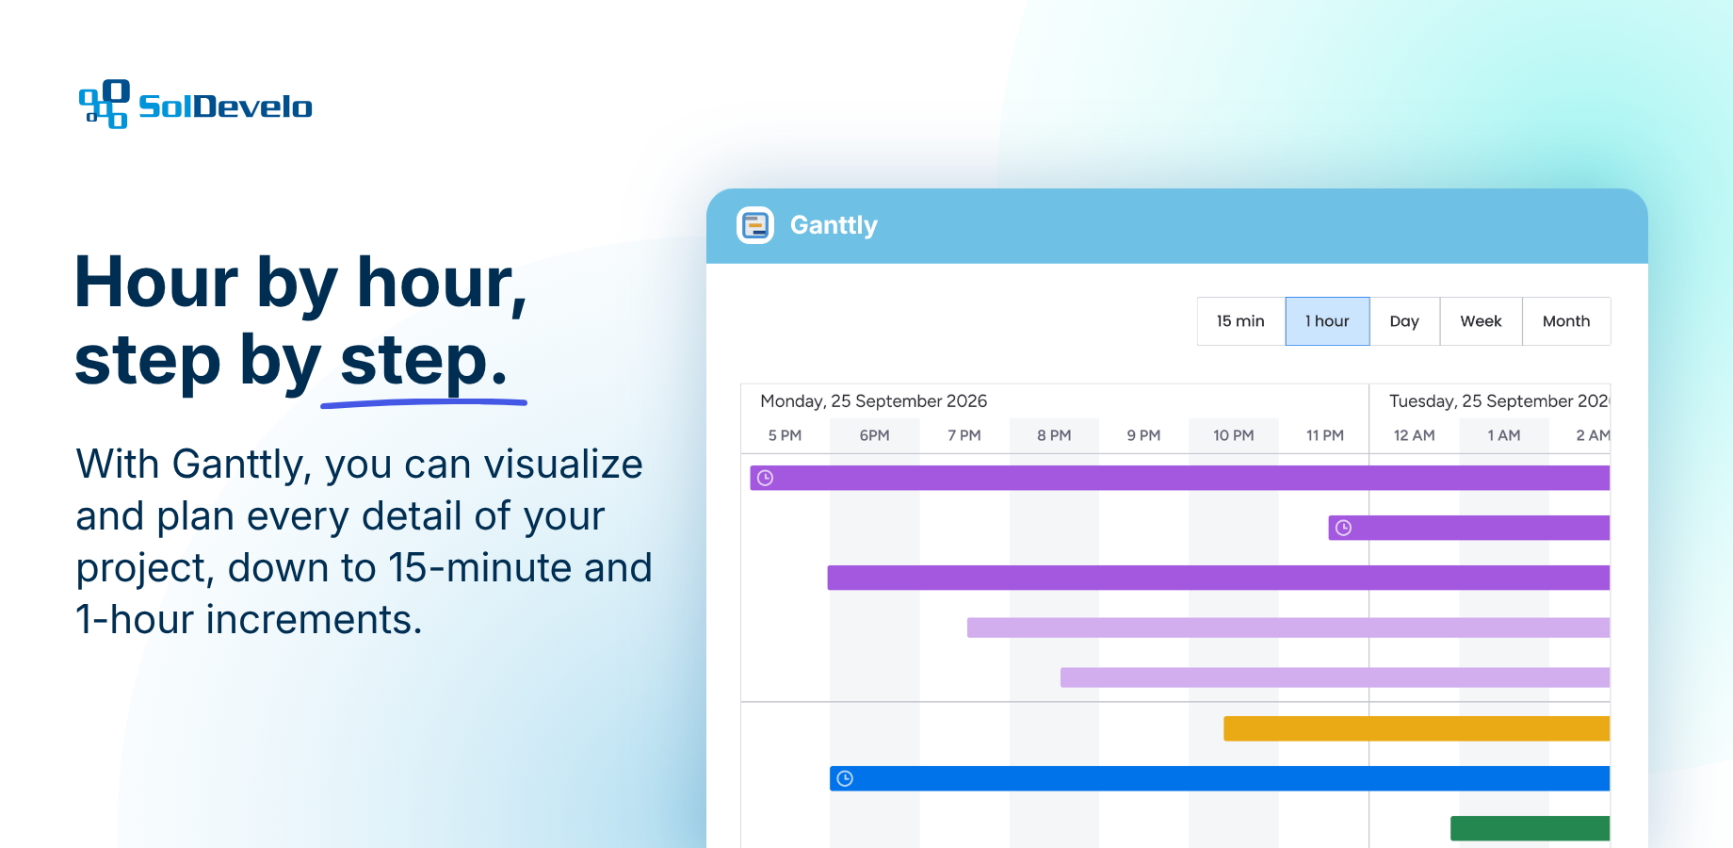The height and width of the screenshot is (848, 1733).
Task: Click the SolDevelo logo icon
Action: (104, 104)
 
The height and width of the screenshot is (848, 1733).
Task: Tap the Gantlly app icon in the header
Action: (755, 225)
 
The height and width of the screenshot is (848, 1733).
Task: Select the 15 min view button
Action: (1240, 321)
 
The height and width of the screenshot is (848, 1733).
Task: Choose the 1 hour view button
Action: (1327, 321)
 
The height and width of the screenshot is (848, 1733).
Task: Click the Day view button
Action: (1404, 321)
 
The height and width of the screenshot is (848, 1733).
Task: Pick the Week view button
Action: (1481, 321)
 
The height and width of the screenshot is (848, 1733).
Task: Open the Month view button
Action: (1566, 321)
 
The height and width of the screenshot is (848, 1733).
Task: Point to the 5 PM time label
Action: (785, 435)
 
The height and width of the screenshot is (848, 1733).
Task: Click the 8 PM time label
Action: (1054, 435)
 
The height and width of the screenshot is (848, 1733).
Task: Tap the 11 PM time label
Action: (1324, 435)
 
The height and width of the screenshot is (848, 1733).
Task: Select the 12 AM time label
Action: (1414, 435)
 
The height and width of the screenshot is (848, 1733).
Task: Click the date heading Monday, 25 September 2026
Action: (873, 401)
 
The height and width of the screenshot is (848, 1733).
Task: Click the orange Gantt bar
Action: (1417, 728)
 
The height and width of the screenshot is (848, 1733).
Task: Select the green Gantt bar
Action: (1530, 828)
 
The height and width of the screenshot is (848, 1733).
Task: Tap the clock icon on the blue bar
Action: (845, 778)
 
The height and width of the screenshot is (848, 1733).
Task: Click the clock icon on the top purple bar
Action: (766, 478)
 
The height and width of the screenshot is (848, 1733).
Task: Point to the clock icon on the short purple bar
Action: (1344, 528)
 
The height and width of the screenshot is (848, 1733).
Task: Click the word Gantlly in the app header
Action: (834, 225)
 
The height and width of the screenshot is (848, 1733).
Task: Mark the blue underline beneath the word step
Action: (424, 403)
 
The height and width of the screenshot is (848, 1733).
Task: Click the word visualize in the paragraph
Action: (563, 465)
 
